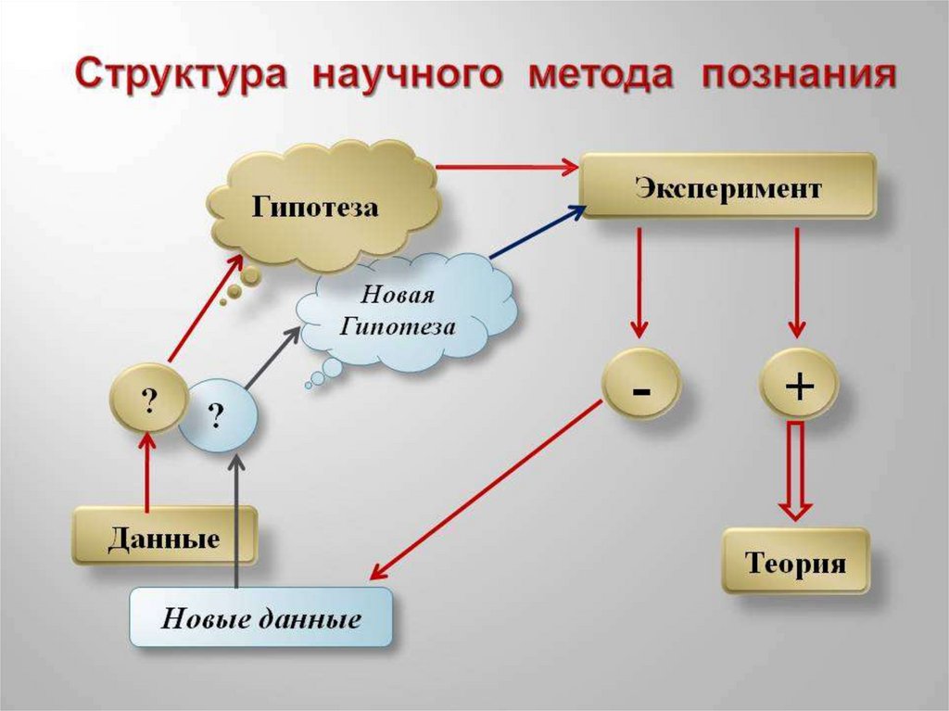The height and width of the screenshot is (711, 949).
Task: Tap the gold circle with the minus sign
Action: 641,387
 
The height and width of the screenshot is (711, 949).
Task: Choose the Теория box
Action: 795,562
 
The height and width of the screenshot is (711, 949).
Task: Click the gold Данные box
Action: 164,537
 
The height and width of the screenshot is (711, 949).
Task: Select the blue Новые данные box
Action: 260,617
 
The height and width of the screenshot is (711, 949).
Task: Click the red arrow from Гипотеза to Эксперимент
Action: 506,167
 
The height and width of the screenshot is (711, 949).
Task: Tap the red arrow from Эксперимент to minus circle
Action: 639,283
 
